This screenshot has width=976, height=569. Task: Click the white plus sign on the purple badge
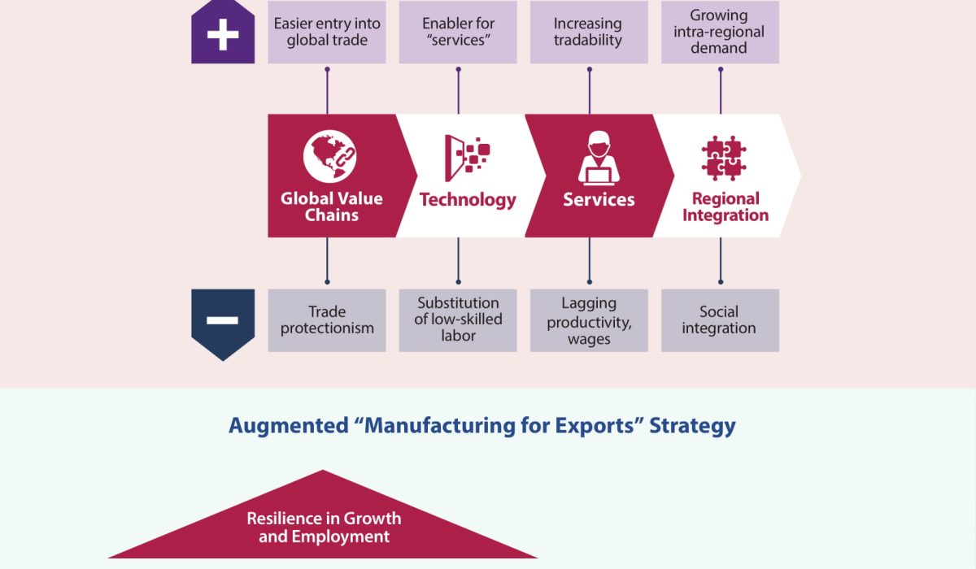(223, 36)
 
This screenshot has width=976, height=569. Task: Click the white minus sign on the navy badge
(223, 319)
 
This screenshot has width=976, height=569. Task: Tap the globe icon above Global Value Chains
(330, 155)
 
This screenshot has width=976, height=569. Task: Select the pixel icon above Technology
(467, 156)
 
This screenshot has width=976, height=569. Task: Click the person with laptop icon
(599, 157)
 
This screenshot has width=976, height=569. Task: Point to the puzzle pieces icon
(724, 158)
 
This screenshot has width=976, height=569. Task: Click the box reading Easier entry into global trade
(327, 32)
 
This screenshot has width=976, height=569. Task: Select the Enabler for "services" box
(458, 32)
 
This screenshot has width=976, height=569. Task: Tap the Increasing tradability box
(589, 32)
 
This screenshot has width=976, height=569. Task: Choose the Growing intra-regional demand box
(720, 32)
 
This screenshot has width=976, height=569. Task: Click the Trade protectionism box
(327, 320)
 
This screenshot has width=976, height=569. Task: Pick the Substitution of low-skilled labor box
(458, 320)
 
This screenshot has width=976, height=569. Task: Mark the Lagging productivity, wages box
(589, 320)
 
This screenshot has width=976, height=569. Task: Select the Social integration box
(720, 320)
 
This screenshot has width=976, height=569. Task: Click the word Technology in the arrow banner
(468, 200)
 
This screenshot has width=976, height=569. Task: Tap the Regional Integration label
(725, 207)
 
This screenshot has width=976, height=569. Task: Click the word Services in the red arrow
(599, 200)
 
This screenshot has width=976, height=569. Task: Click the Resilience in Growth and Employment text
(324, 528)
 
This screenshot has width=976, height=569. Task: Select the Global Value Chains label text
(331, 207)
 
